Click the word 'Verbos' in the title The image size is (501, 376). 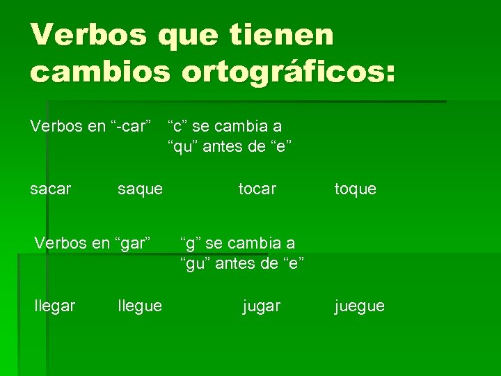pos(89,35)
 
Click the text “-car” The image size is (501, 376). pos(131,127)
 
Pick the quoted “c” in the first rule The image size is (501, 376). pos(177,126)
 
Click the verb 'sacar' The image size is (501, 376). pos(51,189)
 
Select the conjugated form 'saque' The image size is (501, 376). pos(141,189)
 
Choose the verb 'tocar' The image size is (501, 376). pos(257,189)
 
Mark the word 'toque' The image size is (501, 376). pos(355,189)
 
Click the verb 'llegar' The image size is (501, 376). pos(55,306)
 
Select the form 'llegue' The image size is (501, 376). pos(140,306)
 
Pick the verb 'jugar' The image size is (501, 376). pos(261,306)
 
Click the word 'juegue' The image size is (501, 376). pos(359,306)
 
